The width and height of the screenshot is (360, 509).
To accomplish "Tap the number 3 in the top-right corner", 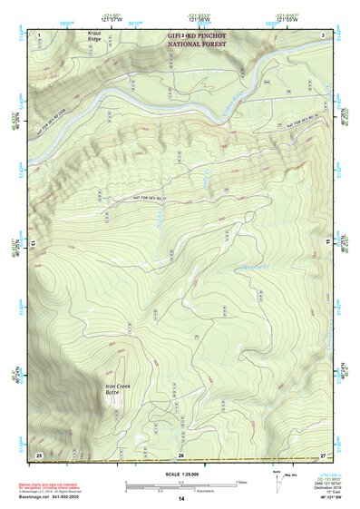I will coord(323,34).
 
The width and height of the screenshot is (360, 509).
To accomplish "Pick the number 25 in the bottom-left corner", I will coord(39,454).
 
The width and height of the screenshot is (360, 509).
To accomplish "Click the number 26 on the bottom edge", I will coord(181,455).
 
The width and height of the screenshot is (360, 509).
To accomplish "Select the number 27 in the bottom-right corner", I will coord(322,454).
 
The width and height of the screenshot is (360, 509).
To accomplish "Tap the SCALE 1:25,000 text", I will coord(180,474).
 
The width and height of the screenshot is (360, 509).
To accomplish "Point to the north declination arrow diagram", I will coord(277,481).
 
